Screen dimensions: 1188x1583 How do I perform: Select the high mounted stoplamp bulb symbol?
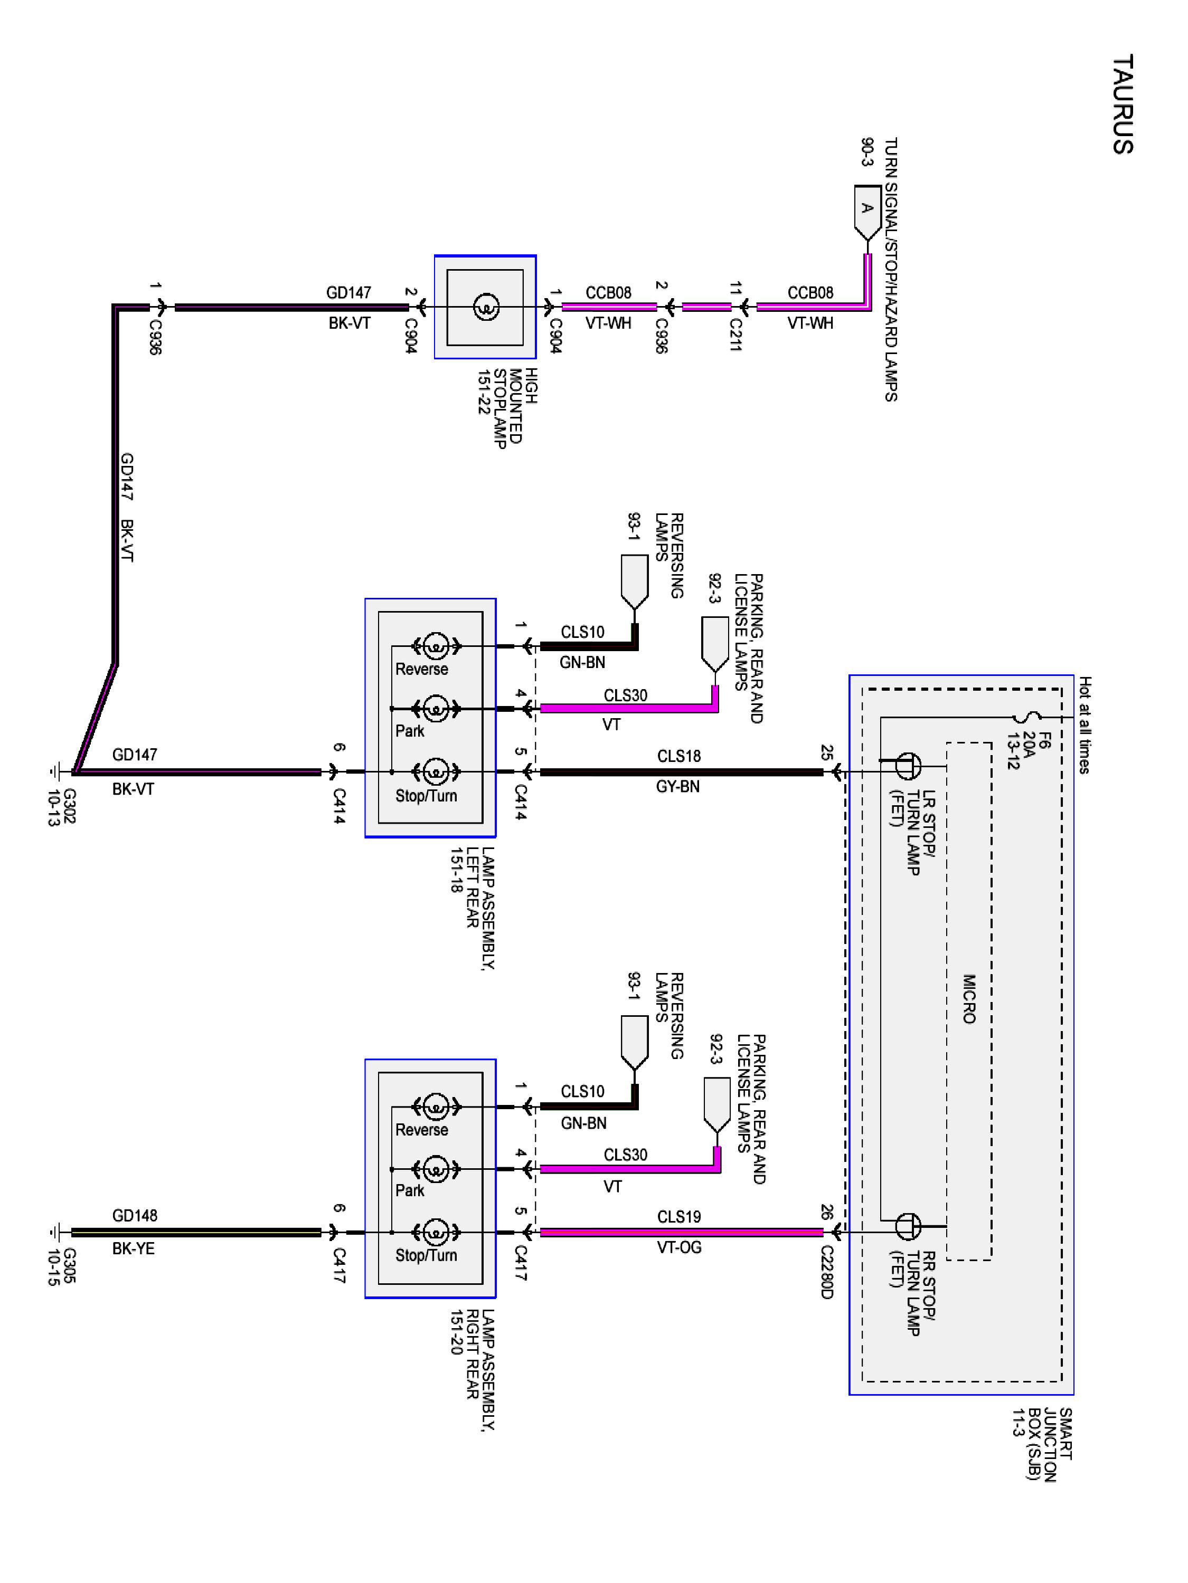tap(485, 308)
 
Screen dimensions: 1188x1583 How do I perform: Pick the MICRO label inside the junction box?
tap(969, 999)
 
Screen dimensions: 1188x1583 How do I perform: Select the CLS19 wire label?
tap(679, 1217)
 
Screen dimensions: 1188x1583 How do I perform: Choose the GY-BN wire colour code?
tap(677, 787)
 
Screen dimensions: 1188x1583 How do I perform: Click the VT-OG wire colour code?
tap(679, 1247)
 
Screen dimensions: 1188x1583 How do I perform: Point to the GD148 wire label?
tap(135, 1215)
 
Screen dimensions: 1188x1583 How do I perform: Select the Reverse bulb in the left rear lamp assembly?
tap(435, 646)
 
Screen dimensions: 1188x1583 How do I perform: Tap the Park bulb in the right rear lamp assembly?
tap(435, 1169)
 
